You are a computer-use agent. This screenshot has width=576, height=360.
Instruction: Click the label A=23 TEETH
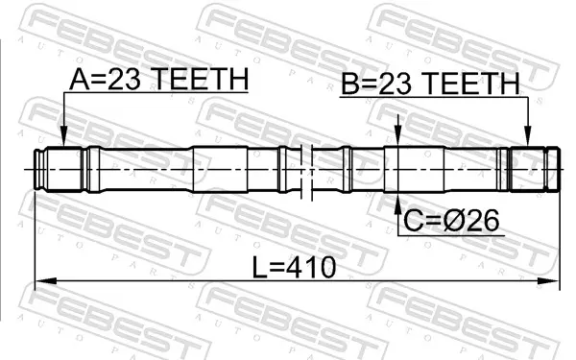[x=159, y=79]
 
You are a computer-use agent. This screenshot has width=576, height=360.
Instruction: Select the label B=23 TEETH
[x=430, y=84]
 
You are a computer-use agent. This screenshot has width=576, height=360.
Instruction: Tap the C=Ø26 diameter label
[x=451, y=220]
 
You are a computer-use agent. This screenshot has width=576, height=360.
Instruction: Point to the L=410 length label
[x=295, y=267]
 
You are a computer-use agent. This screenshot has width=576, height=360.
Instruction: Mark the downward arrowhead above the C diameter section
[x=397, y=136]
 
